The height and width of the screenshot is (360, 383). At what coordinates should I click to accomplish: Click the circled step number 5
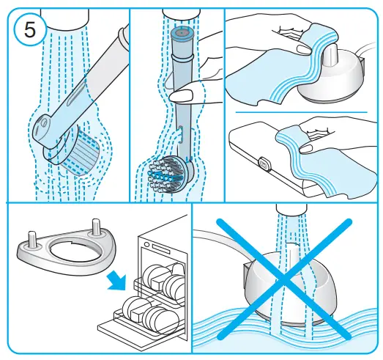coord(30,30)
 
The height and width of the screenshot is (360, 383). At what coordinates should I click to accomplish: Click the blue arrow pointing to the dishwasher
coord(116,282)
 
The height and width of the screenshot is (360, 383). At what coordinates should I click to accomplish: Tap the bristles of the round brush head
coord(166,174)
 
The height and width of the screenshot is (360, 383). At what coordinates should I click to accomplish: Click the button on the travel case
coord(264,163)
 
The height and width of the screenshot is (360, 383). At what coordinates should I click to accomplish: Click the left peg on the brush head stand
coord(32,238)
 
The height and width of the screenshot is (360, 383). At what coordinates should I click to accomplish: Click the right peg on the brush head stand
coord(95,226)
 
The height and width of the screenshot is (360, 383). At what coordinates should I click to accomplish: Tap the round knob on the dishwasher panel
coord(146,244)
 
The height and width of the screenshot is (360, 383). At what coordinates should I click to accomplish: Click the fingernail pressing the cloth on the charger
coord(304,50)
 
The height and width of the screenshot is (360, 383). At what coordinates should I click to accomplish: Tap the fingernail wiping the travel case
coord(306,148)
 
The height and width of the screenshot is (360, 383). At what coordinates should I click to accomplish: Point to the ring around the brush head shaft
coord(182,57)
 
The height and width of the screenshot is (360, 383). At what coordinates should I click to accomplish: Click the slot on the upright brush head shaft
coord(181,134)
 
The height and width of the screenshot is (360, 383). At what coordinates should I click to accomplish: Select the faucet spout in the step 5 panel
coord(64,18)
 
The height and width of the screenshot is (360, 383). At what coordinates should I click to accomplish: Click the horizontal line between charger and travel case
coord(302,112)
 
